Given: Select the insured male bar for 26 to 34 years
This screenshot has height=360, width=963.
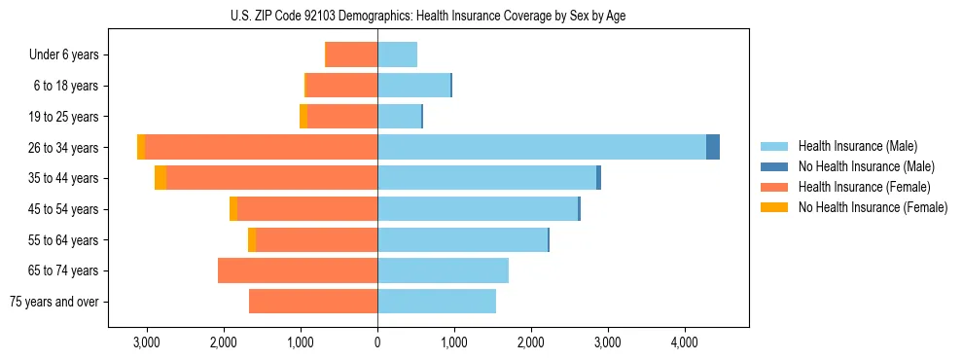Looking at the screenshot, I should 541,147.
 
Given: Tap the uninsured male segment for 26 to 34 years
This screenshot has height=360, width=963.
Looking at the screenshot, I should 713,147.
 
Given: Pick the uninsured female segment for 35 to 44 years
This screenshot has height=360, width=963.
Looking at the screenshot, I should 160,178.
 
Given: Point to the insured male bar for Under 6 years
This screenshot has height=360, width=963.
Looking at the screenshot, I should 397,54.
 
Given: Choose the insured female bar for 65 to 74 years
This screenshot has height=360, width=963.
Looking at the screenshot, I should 298,270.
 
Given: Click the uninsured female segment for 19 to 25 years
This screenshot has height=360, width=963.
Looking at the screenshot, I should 303,117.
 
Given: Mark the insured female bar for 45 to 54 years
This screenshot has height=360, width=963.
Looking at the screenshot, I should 307,209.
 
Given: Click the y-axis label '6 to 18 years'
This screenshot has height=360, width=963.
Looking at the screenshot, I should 65,86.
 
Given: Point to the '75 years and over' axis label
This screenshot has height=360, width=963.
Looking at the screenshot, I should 53,302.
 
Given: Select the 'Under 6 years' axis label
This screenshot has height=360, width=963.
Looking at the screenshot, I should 64,54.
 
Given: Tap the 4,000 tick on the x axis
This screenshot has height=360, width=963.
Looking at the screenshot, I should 684,342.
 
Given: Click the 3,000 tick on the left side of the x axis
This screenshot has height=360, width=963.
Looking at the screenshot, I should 147,342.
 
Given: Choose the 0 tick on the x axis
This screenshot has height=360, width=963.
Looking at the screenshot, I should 377,342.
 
